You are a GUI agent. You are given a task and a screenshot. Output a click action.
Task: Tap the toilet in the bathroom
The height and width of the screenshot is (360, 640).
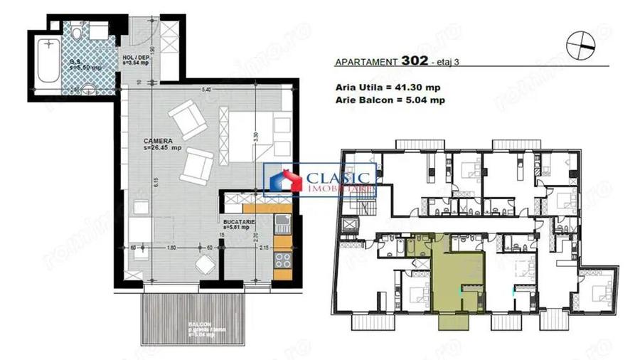coord(87,90)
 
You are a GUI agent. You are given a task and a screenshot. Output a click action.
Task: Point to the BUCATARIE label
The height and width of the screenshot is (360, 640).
coord(235,223)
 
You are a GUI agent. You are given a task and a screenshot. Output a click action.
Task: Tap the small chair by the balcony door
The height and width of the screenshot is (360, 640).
coord(206,265)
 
